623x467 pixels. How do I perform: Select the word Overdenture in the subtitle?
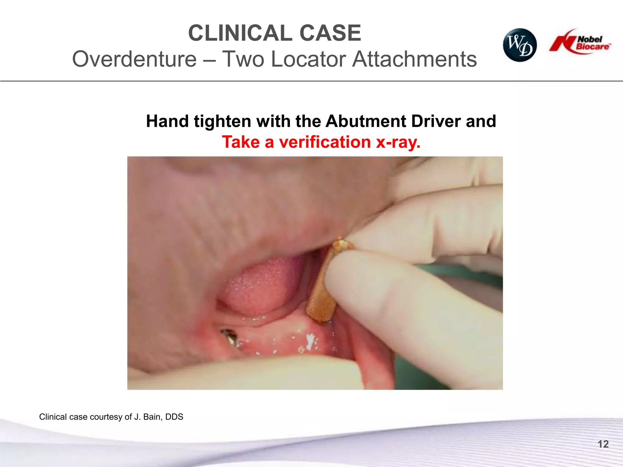(134, 59)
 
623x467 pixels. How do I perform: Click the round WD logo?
(520, 45)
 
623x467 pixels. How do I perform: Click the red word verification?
(325, 142)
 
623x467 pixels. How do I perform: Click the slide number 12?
(603, 444)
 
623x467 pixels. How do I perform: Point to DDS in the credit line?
(174, 417)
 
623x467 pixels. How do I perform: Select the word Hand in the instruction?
(167, 121)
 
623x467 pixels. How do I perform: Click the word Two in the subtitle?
(244, 59)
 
